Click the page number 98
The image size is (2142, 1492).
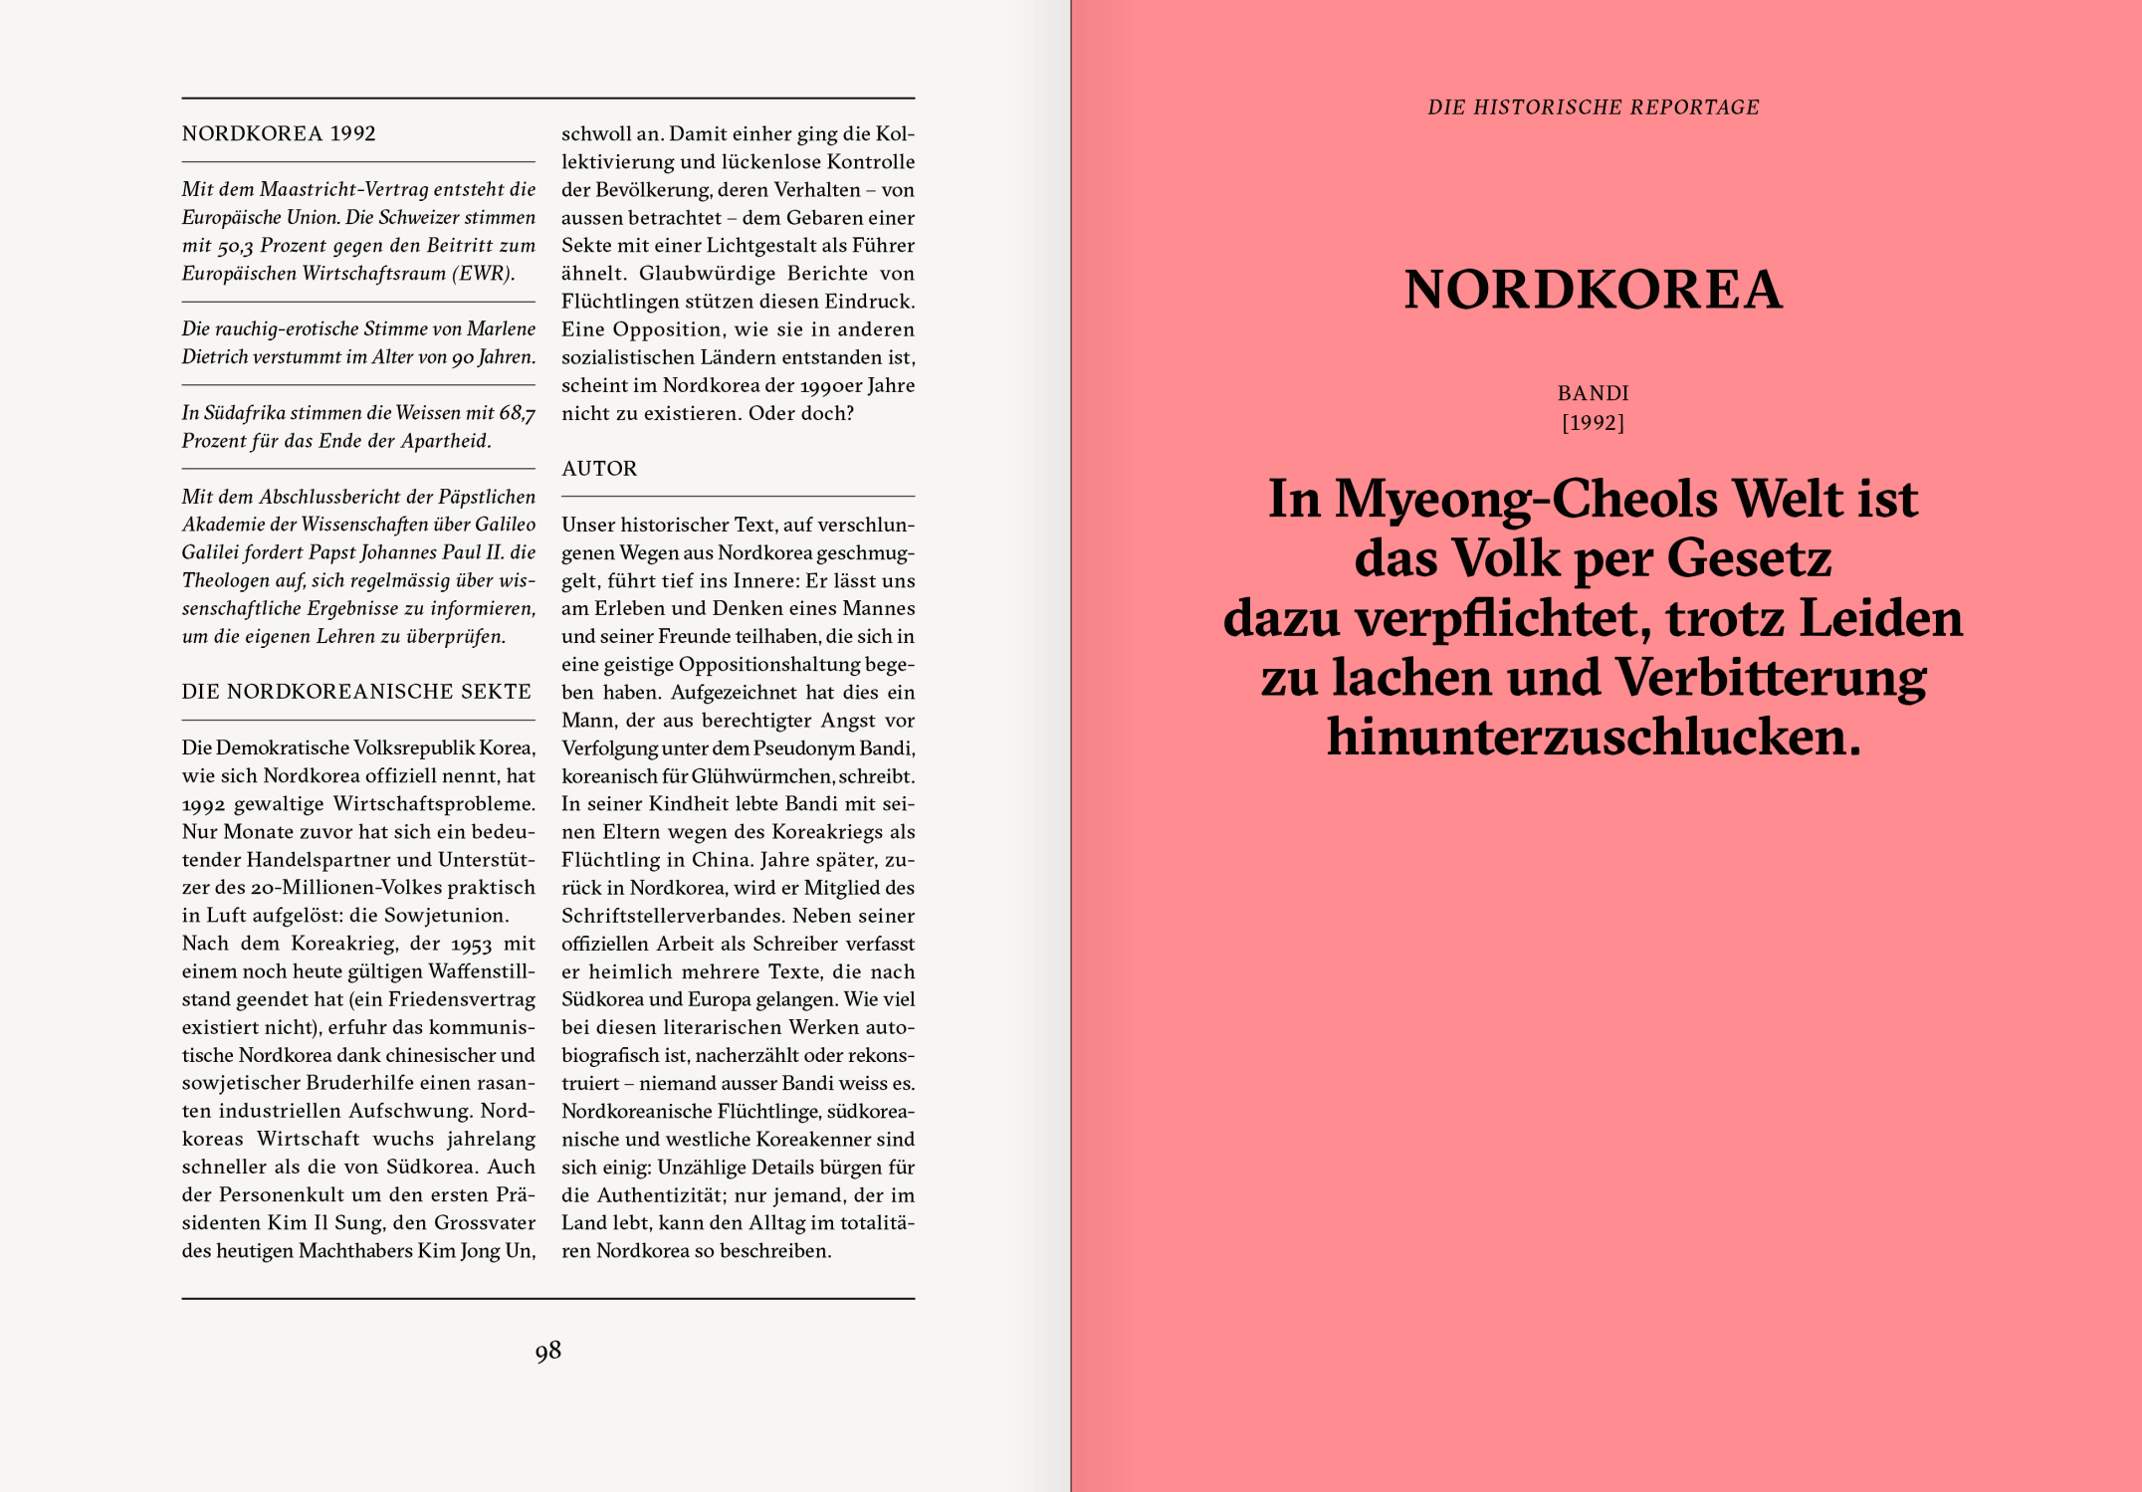pyautogui.click(x=547, y=1351)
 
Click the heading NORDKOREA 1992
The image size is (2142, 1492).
pyautogui.click(x=279, y=133)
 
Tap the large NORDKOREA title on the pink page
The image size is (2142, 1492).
pyautogui.click(x=1593, y=290)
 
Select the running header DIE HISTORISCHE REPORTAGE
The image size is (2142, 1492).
pyautogui.click(x=1593, y=107)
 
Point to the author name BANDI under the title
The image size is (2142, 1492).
pyautogui.click(x=1593, y=393)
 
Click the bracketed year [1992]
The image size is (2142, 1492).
pyautogui.click(x=1593, y=423)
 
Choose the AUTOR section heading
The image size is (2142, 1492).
pyautogui.click(x=599, y=469)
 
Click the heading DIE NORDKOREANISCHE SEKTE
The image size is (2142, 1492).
pyautogui.click(x=356, y=692)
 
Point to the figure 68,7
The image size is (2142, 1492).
pyautogui.click(x=517, y=413)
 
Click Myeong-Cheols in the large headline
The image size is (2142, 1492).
pyautogui.click(x=1525, y=499)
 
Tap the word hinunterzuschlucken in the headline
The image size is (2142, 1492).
pyautogui.click(x=1593, y=738)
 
